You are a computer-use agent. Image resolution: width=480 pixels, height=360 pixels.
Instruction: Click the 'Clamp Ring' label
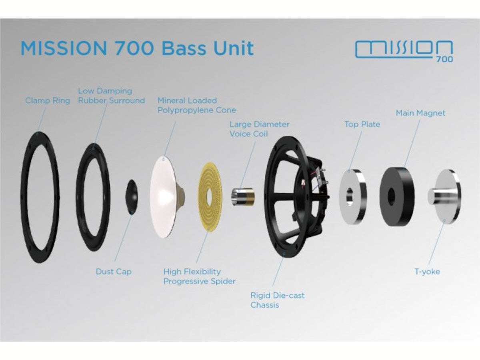pyautogui.click(x=48, y=100)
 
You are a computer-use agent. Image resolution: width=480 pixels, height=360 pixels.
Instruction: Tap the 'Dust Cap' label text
pyautogui.click(x=114, y=272)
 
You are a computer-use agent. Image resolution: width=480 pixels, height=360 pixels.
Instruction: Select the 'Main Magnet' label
pyautogui.click(x=420, y=113)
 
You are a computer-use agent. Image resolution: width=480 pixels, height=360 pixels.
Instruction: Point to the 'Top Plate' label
pyautogui.click(x=362, y=124)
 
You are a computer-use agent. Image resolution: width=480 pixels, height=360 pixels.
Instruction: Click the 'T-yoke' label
pyautogui.click(x=427, y=272)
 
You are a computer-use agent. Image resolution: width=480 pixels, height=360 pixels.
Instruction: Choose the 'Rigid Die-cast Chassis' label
pyautogui.click(x=277, y=300)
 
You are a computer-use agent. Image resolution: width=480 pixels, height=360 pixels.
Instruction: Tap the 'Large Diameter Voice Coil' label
pyautogui.click(x=259, y=129)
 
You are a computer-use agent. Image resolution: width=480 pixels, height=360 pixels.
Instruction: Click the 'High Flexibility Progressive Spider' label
pyautogui.click(x=200, y=276)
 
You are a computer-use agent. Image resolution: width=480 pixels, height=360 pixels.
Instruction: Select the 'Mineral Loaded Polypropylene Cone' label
pyautogui.click(x=196, y=105)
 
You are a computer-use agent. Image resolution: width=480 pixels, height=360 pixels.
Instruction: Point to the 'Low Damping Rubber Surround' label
pyautogui.click(x=111, y=96)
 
